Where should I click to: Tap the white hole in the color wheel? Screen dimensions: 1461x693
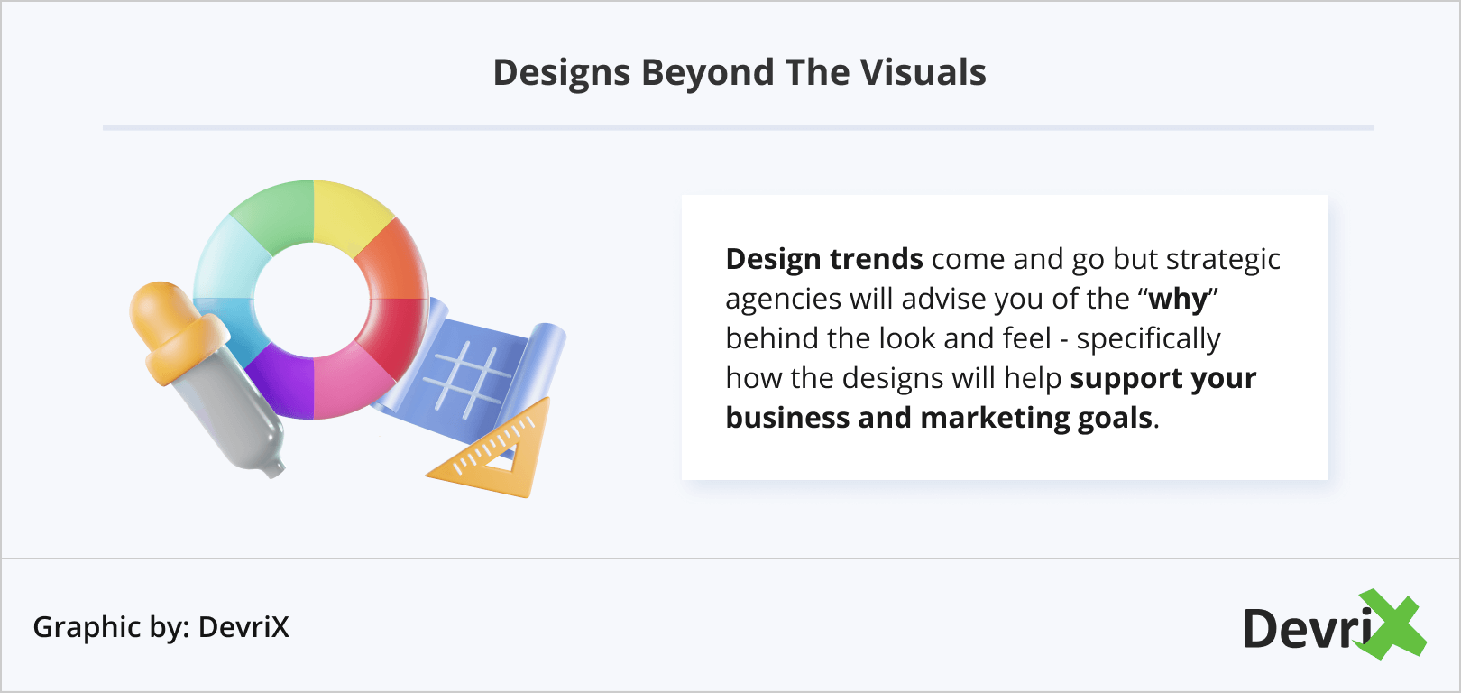click(312, 300)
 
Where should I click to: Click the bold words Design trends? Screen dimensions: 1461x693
click(823, 259)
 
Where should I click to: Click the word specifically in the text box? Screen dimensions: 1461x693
click(1148, 339)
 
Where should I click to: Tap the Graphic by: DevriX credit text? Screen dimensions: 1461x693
click(161, 627)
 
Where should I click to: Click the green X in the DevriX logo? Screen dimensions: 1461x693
click(1392, 624)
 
